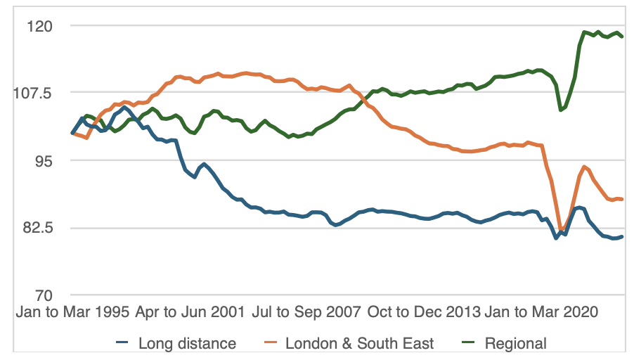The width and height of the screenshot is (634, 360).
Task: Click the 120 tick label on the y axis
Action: pyautogui.click(x=41, y=26)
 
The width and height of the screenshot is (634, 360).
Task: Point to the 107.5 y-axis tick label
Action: pyautogui.click(x=35, y=93)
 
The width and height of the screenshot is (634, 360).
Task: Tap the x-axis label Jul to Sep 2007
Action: pyautogui.click(x=309, y=312)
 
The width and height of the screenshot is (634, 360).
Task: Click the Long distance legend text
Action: pyautogui.click(x=187, y=343)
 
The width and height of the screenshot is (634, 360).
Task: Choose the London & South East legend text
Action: pyautogui.click(x=359, y=343)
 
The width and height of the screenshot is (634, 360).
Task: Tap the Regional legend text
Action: pyautogui.click(x=515, y=343)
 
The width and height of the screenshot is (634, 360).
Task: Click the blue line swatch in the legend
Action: pyautogui.click(x=122, y=343)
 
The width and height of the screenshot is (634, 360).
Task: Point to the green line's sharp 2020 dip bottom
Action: pyautogui.click(x=560, y=110)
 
